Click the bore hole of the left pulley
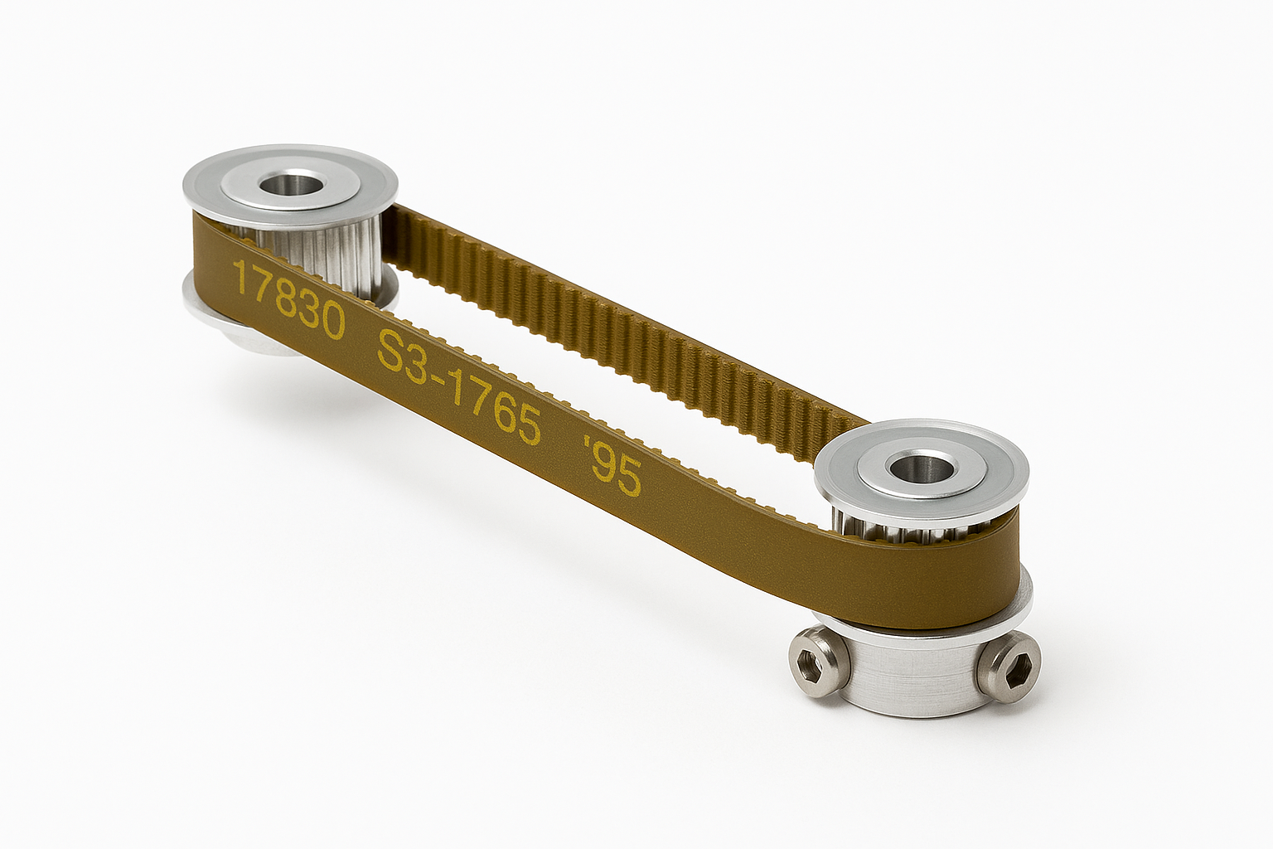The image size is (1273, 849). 290,185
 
